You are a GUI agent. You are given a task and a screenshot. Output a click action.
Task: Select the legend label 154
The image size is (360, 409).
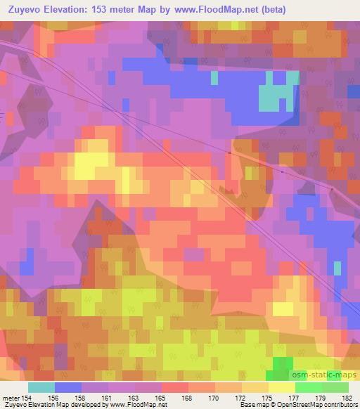[x=28, y=397]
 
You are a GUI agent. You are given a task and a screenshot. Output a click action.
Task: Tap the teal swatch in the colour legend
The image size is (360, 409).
[x=41, y=387]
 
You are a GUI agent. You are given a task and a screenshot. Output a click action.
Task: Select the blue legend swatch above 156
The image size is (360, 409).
[x=68, y=387]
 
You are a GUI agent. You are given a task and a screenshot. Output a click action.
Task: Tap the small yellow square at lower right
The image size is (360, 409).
[x=283, y=309]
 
